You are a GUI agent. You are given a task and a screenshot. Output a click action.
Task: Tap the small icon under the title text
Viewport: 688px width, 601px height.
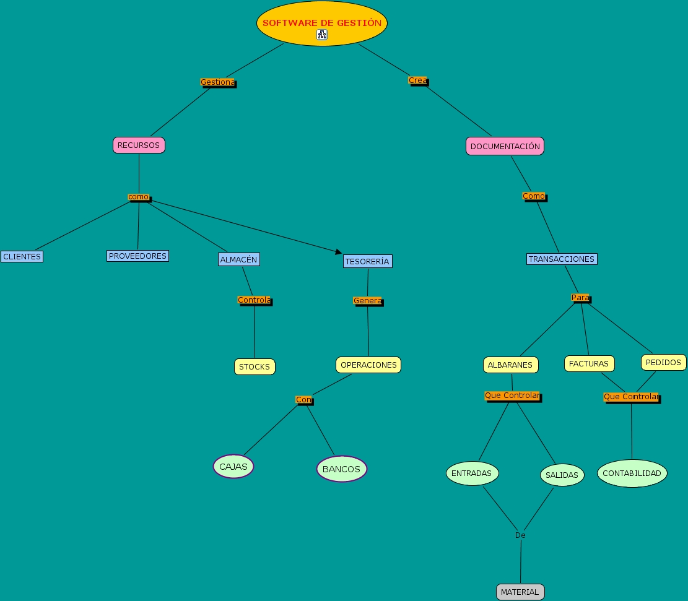coord(321,35)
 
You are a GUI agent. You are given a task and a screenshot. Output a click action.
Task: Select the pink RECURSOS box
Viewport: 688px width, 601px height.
coord(139,145)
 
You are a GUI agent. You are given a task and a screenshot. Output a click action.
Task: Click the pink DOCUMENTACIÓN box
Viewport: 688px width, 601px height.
coord(505,146)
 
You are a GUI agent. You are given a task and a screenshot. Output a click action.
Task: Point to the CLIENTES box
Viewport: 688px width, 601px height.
coord(22,256)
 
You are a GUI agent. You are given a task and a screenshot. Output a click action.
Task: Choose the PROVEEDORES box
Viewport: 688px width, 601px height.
coord(137,256)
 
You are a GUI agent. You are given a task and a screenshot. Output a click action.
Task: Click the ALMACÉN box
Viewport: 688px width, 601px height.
coord(238,259)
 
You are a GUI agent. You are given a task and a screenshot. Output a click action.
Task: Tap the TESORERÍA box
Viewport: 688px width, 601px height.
coord(367,261)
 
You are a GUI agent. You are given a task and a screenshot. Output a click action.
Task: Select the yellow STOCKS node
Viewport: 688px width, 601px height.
coord(255,366)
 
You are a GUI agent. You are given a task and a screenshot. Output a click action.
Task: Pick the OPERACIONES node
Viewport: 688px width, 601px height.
coord(368,365)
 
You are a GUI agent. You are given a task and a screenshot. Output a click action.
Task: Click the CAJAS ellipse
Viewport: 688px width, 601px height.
coord(233,467)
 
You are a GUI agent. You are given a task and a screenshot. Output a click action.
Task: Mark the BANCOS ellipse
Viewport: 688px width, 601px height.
coord(341,469)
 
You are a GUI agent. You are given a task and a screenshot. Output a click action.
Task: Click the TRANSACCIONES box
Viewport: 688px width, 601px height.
coord(562,259)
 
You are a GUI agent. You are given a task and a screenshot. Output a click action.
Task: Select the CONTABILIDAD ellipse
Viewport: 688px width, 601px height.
coord(632,473)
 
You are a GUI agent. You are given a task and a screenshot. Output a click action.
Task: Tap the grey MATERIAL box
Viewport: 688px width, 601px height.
coord(520,592)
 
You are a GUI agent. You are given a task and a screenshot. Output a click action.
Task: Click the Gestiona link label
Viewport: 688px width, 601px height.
coord(217,82)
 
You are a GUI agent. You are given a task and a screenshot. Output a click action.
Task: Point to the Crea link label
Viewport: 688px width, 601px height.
coord(417,80)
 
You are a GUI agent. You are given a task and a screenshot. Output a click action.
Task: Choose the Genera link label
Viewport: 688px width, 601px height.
coord(367,301)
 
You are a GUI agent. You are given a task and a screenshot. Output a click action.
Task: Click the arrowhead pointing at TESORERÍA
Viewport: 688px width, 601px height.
coord(338,251)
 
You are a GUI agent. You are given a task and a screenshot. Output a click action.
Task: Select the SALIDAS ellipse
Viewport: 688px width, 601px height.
coord(562,475)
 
